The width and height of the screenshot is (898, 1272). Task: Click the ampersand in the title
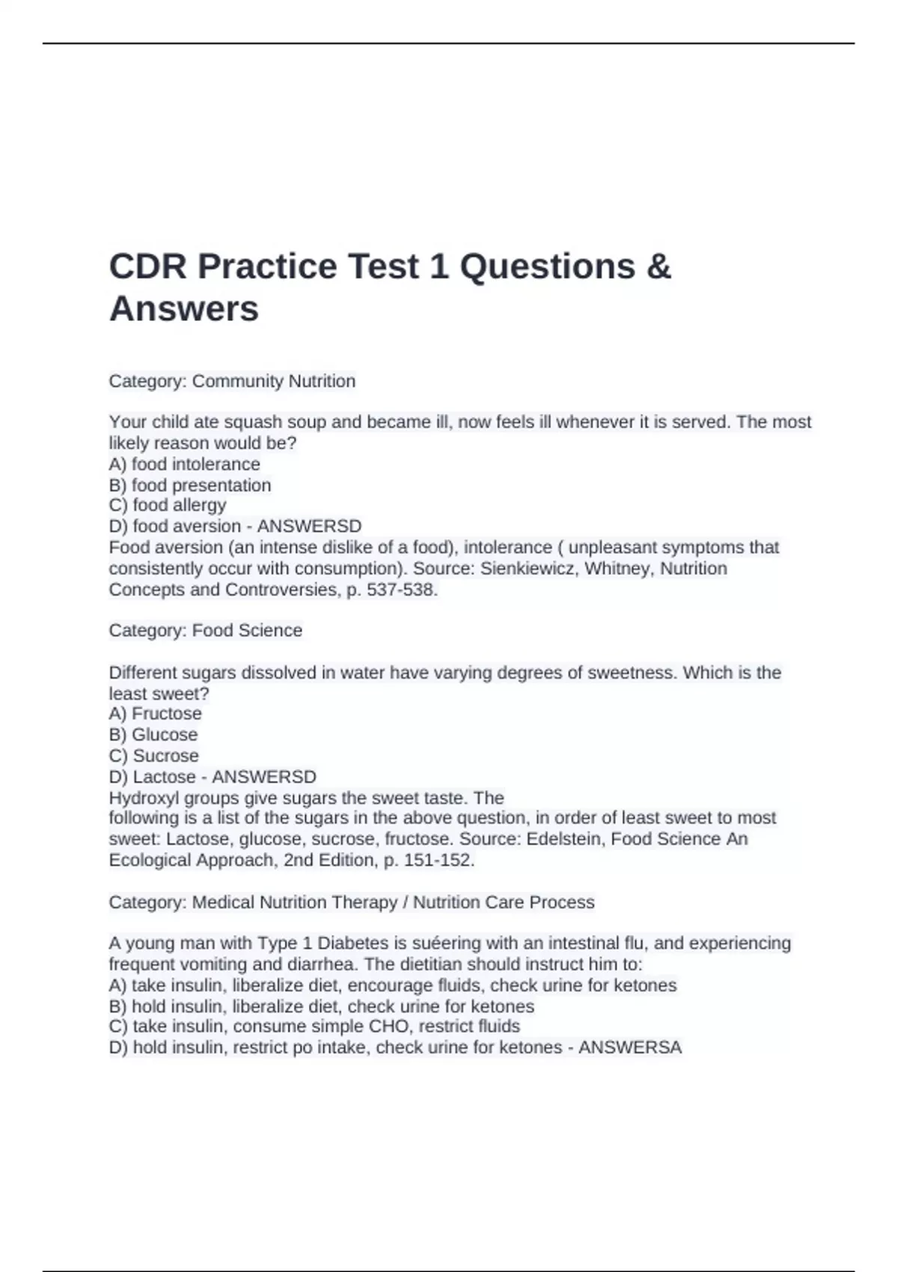(659, 266)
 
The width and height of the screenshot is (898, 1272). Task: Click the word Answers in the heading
(184, 309)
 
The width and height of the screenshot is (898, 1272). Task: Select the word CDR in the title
(147, 266)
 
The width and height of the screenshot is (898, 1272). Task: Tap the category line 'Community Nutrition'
(232, 381)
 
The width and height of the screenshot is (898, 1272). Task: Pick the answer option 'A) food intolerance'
(185, 464)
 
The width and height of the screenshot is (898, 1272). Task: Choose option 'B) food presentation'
(190, 485)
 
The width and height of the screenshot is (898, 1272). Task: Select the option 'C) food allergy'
(168, 505)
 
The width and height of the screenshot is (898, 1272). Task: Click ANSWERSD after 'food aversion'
(309, 526)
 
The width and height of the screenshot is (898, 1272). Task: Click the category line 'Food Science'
(206, 630)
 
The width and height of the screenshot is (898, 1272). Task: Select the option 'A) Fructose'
(156, 713)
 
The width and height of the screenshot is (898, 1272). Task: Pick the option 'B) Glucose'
(153, 734)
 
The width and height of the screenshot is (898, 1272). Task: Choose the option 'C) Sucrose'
(154, 755)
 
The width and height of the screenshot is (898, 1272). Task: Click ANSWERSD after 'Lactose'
(264, 777)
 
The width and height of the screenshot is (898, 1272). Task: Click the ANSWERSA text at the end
(630, 1047)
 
